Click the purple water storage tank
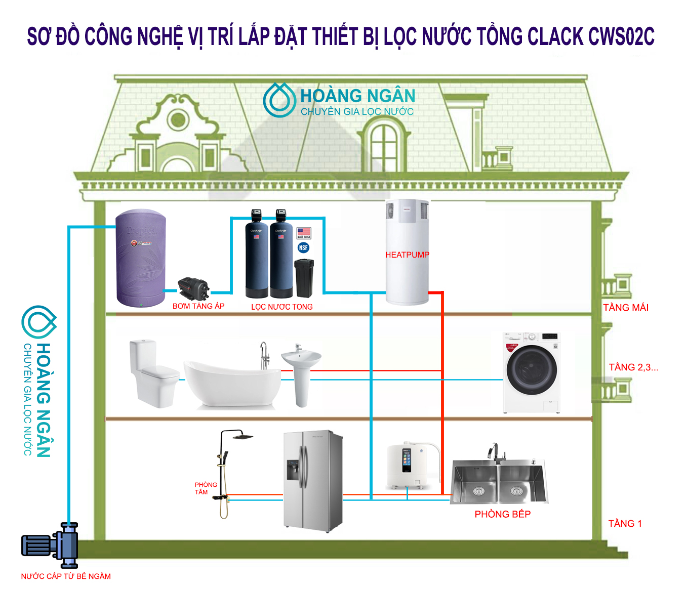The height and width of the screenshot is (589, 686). (140, 258)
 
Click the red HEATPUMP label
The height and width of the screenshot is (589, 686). (407, 255)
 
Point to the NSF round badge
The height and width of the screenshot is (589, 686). (303, 247)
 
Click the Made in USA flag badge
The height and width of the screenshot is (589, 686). (304, 233)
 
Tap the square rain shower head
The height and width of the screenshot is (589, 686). (243, 436)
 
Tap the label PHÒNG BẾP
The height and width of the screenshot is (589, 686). (502, 514)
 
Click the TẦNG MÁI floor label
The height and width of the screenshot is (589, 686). (625, 307)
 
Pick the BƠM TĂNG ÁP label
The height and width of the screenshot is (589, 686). (198, 306)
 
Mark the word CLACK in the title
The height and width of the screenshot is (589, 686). (555, 36)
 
